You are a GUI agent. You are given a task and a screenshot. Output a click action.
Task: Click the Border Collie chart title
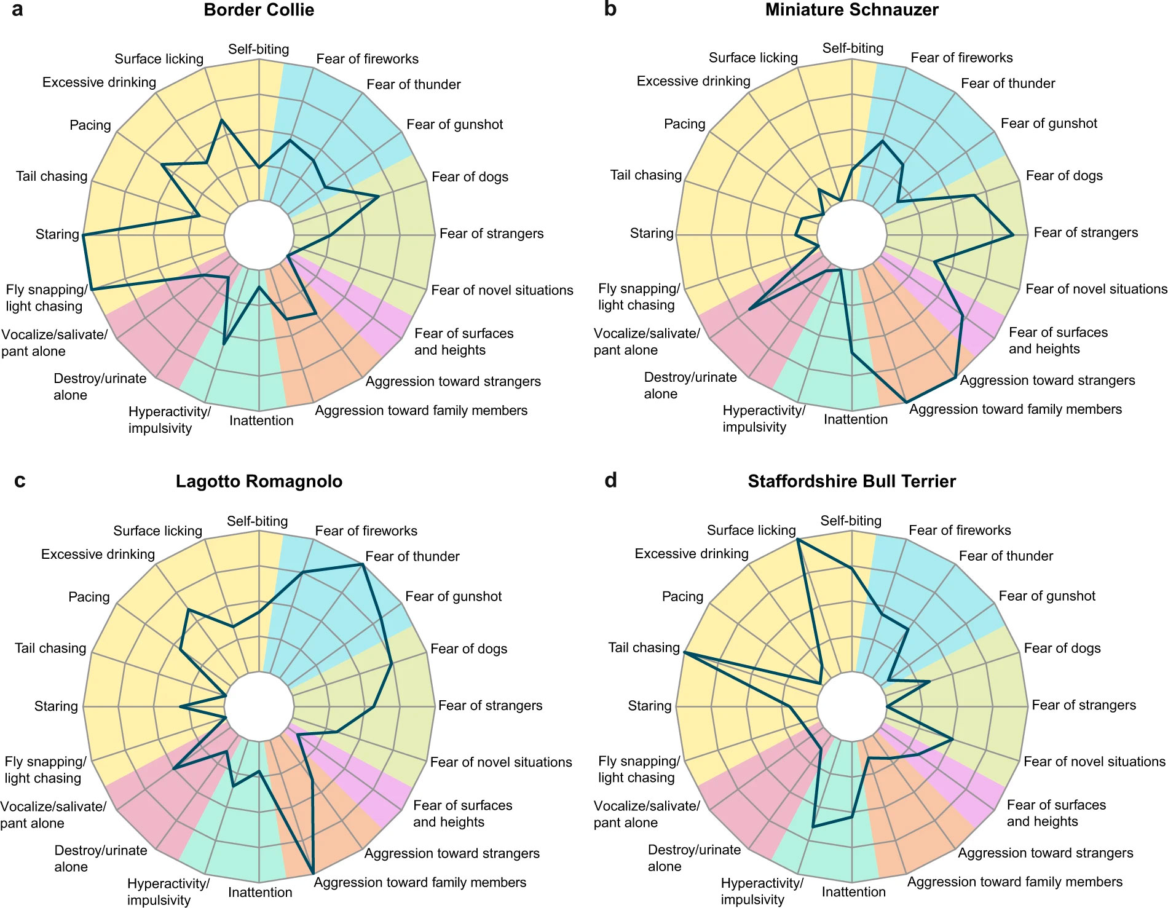coord(259,10)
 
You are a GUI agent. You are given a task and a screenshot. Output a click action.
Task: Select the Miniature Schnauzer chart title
coord(851,10)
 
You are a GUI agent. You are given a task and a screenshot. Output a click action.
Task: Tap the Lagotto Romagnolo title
coord(259,481)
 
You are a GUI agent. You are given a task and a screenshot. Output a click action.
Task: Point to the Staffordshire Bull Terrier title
coord(851,481)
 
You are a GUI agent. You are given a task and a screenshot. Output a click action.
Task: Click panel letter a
coord(17,10)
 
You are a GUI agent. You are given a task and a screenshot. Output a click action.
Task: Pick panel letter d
coord(610,480)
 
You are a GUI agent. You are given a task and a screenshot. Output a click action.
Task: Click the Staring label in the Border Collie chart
coord(57,234)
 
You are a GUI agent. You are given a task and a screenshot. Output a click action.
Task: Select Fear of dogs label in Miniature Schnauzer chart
coord(1064,176)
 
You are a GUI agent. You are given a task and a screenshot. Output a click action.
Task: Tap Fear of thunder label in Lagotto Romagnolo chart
coord(412,556)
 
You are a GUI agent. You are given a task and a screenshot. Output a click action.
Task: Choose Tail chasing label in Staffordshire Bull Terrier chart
coord(644,647)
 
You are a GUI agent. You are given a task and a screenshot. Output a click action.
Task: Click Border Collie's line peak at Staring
coord(83,235)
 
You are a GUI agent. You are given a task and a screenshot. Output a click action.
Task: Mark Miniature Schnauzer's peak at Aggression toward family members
coord(907,402)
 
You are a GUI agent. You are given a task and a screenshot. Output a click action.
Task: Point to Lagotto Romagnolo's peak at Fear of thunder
coord(363,564)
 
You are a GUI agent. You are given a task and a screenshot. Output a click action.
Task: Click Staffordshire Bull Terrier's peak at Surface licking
coord(797,539)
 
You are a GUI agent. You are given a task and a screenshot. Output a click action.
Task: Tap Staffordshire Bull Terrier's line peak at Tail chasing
coord(684,652)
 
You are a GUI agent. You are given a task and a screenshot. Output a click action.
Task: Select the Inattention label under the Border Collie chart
coord(261,420)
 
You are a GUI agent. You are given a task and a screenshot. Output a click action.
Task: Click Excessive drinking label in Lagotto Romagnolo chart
coord(98,555)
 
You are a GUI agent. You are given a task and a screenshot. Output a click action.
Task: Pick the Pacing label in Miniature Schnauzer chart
coord(684,124)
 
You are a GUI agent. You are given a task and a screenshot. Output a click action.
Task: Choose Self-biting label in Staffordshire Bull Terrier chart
coord(851,521)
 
